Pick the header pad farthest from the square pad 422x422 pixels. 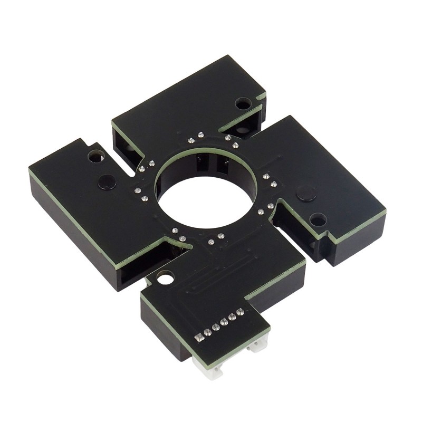[241, 312]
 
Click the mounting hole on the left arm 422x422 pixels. [96, 156]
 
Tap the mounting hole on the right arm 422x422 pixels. [318, 219]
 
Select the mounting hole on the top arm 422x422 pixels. [243, 103]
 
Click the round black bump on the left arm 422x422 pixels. [107, 182]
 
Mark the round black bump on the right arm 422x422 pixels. [306, 193]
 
